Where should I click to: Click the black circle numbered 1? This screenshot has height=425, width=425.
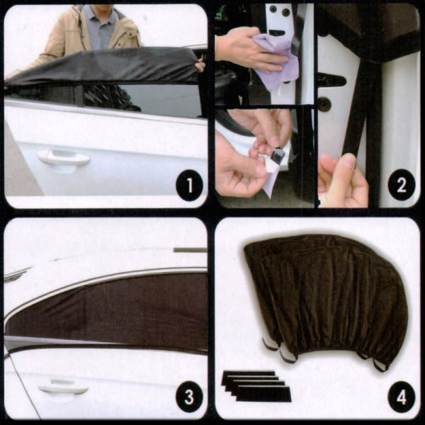click(x=189, y=185)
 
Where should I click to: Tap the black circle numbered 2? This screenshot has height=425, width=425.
click(x=402, y=185)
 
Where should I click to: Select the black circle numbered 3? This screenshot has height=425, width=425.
click(x=189, y=397)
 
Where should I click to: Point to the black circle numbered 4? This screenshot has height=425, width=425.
click(x=402, y=397)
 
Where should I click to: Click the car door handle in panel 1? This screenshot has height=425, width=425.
click(x=64, y=158)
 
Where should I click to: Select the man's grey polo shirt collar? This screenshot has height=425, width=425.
click(x=101, y=16)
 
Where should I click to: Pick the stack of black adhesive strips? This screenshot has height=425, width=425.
click(x=256, y=385)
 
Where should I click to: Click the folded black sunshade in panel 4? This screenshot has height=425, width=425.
click(x=325, y=298)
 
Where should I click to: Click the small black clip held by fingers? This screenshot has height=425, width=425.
click(x=278, y=155)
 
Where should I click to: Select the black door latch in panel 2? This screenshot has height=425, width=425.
click(x=331, y=81)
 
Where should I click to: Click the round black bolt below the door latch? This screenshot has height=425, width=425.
click(x=324, y=103)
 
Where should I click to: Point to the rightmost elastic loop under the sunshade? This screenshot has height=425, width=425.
click(x=381, y=365)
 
